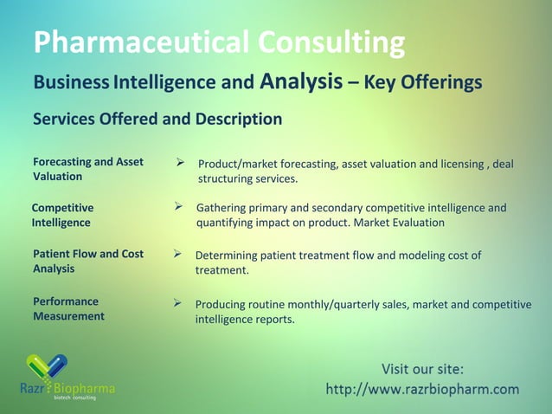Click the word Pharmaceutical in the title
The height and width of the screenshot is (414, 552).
tap(134, 42)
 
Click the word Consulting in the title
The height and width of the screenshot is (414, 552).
tap(325, 42)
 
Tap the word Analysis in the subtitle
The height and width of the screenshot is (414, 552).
tap(301, 82)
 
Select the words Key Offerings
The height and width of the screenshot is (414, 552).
tap(424, 83)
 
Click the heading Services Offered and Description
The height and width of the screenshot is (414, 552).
tap(157, 119)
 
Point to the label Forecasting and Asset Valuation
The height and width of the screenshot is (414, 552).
tap(87, 169)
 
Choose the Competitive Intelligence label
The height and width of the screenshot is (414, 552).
tap(61, 215)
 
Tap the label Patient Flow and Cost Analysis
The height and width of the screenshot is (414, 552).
tap(87, 262)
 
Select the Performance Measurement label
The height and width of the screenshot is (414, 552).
tap(68, 308)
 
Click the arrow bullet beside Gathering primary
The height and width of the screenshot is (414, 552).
tap(179, 207)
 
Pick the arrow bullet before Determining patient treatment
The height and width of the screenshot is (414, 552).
tap(178, 255)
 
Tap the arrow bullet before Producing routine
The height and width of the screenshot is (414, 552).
tap(178, 303)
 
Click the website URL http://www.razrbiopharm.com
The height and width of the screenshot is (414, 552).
tap(422, 389)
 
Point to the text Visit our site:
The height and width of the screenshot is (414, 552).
tap(422, 370)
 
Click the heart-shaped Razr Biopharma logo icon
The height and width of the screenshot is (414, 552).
tap(46, 366)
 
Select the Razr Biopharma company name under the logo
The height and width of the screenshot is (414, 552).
tap(67, 388)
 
